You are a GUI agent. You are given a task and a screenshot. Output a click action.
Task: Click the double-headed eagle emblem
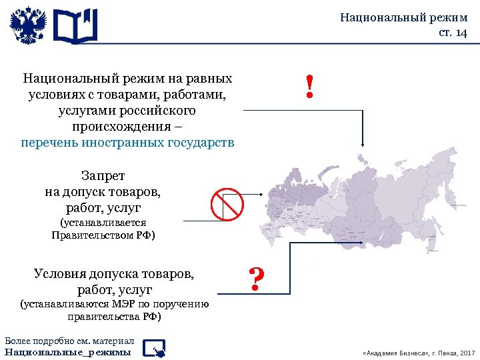coord(28,26)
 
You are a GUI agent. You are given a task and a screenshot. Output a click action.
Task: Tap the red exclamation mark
coord(309,87)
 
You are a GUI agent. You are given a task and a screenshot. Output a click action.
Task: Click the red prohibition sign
coord(227,204)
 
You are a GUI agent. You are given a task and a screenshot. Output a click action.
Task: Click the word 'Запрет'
coord(103,176)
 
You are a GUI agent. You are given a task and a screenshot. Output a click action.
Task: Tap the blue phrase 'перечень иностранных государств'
coord(127,143)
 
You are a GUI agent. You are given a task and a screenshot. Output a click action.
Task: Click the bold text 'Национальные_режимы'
coord(67,351)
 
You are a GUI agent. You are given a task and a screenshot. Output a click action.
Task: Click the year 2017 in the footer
coord(467,352)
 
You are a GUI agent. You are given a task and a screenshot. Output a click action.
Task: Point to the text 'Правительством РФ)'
coord(103,235)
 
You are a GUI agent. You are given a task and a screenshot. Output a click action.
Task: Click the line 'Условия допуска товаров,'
coord(115,273)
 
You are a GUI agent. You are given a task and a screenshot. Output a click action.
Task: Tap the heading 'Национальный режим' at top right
coord(404,17)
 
